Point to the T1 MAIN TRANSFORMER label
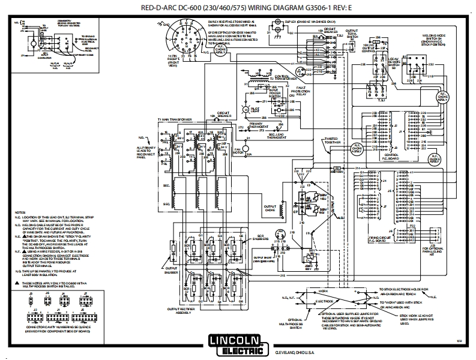pyautogui.click(x=175, y=120)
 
